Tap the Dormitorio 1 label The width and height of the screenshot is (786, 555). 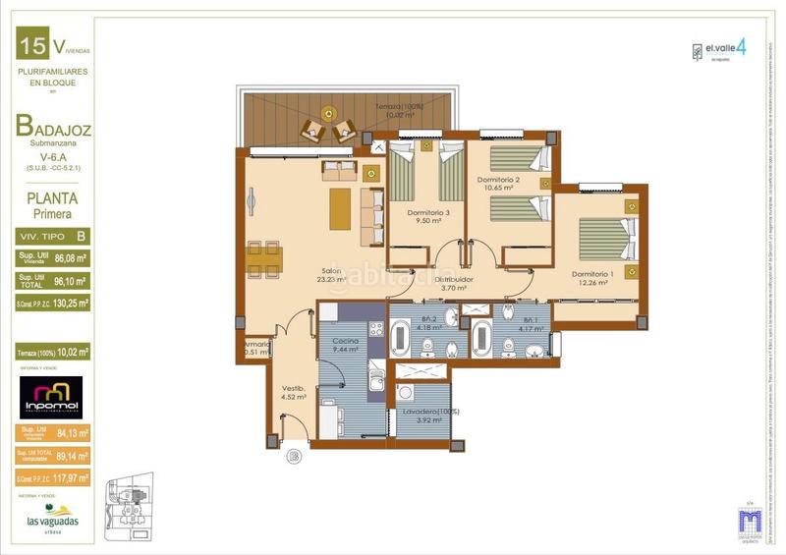click(x=594, y=277)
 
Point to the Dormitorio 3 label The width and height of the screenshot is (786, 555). click(x=427, y=216)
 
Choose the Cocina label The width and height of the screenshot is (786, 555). click(x=345, y=344)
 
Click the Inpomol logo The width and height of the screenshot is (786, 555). click(x=50, y=396)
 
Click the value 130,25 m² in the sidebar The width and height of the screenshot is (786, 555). click(x=71, y=305)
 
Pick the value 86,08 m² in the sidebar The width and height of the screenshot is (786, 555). click(x=71, y=259)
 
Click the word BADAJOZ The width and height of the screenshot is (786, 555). click(x=55, y=126)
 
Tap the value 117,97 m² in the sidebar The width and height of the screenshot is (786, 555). click(x=71, y=478)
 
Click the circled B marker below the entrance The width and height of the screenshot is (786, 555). click(x=292, y=457)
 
